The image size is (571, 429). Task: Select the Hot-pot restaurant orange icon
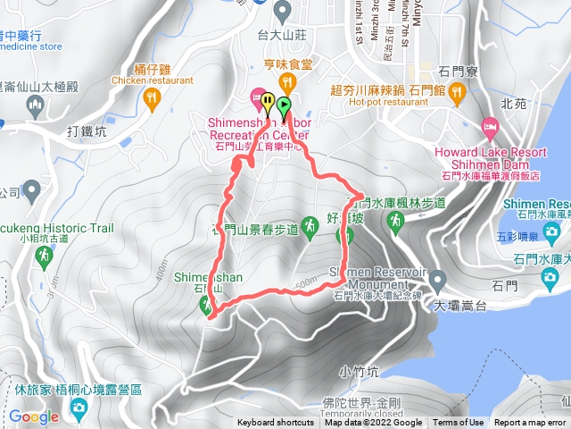tap(456, 91)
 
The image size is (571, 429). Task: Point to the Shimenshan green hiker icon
tap(207, 306)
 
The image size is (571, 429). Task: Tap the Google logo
tap(34, 416)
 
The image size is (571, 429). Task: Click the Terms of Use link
tap(458, 423)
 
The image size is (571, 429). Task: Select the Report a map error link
tap(530, 423)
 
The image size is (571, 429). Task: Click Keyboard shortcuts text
tap(276, 423)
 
